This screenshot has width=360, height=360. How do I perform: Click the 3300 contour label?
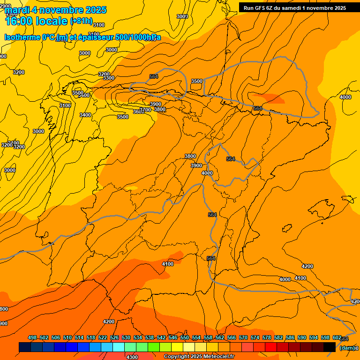109,78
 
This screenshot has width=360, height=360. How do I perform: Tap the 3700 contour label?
145,110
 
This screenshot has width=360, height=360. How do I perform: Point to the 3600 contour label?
138,112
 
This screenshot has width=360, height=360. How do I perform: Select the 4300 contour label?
133,357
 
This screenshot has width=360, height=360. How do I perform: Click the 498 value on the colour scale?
32,337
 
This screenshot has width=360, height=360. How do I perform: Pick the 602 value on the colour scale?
337,337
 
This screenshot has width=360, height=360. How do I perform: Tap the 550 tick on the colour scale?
185,337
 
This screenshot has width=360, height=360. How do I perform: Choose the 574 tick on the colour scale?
255,337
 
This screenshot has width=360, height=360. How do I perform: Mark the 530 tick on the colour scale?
126,337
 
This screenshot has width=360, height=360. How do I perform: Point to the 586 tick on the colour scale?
290,337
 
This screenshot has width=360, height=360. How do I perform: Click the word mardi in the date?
18,10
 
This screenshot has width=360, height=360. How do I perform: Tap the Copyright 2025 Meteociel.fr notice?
199,357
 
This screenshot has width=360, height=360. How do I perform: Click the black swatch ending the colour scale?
330,347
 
